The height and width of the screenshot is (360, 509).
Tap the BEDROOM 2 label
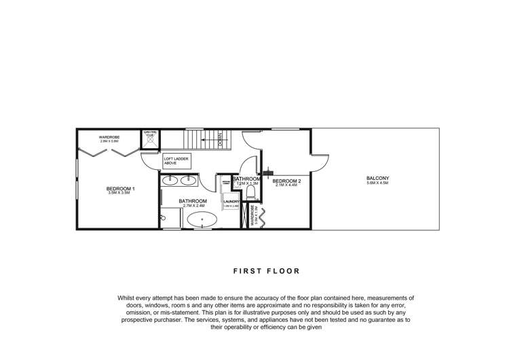286,181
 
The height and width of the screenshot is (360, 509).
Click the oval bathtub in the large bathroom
201,219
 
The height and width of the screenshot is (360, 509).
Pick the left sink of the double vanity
170,181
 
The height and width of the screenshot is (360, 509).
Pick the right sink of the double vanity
188,181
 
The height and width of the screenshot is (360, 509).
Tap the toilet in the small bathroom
250,192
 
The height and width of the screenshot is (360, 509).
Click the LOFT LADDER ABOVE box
176,162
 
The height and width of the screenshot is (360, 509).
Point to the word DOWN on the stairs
221,141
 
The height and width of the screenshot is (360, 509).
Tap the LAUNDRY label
232,201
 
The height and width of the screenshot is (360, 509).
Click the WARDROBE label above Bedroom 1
109,137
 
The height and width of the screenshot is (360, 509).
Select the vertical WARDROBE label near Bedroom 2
252,216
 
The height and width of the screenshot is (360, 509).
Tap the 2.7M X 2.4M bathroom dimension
193,206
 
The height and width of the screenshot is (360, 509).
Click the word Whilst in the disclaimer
128,298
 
